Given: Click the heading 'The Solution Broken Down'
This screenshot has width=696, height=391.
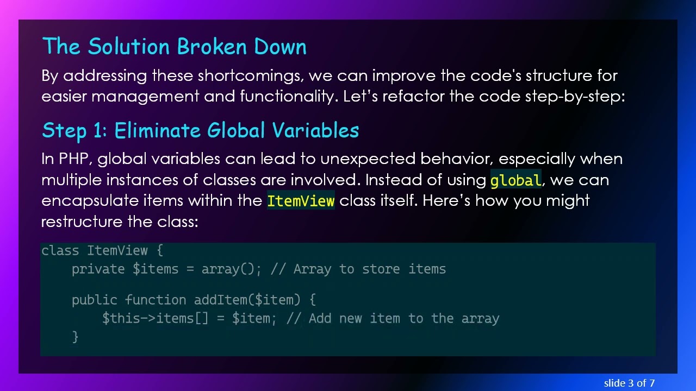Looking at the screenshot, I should [174, 47].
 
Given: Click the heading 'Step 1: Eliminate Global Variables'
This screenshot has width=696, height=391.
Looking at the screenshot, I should [200, 130].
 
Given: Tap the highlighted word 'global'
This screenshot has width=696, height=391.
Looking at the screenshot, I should [515, 180].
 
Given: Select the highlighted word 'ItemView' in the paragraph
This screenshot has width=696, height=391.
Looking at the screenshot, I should [301, 201].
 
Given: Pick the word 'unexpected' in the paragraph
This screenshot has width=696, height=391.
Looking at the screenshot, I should [368, 159].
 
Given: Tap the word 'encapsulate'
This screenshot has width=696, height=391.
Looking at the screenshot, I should [90, 201].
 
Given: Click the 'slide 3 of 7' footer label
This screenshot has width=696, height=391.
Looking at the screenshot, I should [629, 383].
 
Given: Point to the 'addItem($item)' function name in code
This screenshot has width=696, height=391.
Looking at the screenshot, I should [247, 300].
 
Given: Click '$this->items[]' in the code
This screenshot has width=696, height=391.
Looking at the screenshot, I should [155, 319].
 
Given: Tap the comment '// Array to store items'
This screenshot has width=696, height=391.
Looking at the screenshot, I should [358, 269].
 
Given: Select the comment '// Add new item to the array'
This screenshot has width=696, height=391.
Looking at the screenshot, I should [393, 319].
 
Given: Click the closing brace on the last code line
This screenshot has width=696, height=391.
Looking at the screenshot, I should [75, 337].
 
